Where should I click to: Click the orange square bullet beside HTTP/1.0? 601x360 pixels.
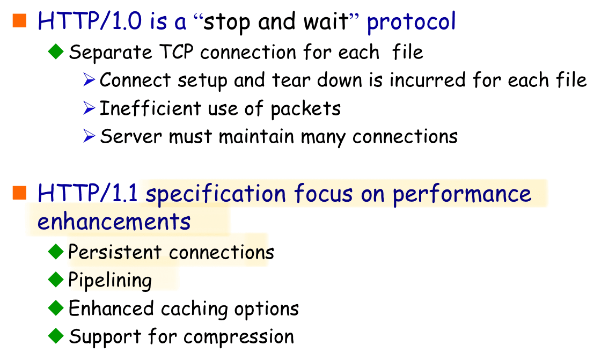click(19, 21)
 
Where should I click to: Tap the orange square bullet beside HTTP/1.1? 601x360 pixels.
click(19, 193)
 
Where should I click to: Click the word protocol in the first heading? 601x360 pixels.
click(411, 22)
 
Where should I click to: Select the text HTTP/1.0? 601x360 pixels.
click(90, 21)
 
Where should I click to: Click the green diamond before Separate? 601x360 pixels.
click(56, 52)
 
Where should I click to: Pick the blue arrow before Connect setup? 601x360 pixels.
click(89, 80)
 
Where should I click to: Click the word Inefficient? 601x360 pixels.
click(150, 108)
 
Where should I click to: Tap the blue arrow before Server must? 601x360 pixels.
click(89, 136)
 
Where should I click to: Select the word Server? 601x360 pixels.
click(131, 136)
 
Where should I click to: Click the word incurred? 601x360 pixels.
click(428, 80)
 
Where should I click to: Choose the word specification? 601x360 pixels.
click(216, 194)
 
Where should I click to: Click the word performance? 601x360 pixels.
click(462, 194)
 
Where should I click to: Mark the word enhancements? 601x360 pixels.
click(114, 221)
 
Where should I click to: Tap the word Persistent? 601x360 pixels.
click(115, 252)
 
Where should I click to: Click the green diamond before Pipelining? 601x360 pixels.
click(56, 280)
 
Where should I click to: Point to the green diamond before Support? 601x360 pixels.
click(56, 336)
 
